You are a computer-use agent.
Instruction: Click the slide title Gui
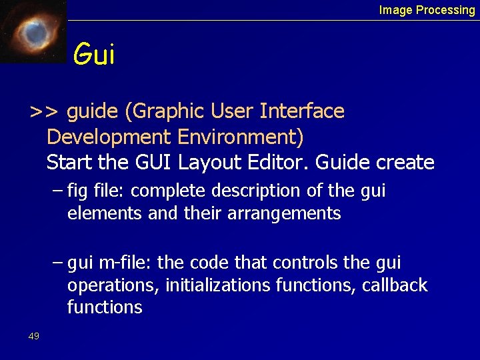pos(94,55)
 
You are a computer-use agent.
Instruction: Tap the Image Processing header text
pos(427,10)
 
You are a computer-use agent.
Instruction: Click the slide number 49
pos(34,336)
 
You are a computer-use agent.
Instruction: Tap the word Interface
pos(306,111)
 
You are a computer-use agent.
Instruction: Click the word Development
pos(109,137)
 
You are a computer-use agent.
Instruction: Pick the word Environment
pos(240,137)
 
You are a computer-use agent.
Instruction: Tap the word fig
pos(77,192)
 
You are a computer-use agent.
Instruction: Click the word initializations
pos(220,286)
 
